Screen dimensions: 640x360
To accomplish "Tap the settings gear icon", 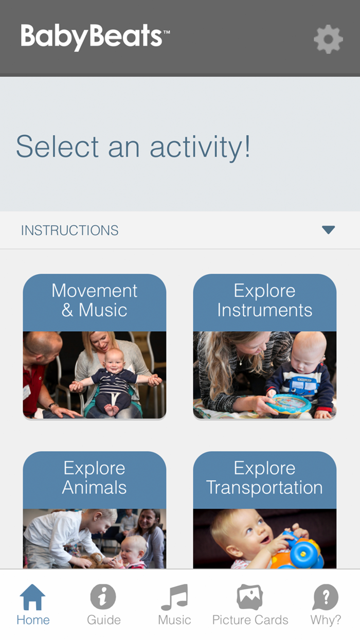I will [328, 39].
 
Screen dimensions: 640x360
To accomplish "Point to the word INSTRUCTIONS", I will [69, 230].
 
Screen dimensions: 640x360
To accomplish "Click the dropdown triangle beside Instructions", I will [328, 230].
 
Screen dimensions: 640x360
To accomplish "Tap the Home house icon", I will [33, 597].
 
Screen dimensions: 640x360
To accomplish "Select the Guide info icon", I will [103, 597].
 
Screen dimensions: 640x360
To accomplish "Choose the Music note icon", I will [174, 597].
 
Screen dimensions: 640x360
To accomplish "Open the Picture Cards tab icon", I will [250, 597].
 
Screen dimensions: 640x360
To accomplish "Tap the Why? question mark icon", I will [326, 597].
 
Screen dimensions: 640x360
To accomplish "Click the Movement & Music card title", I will [95, 300].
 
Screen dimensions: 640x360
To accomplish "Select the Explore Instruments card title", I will [265, 300].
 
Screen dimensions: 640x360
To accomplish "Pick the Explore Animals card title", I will [95, 478].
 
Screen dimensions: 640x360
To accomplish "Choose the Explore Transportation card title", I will [265, 478].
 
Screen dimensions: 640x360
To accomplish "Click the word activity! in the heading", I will [201, 147].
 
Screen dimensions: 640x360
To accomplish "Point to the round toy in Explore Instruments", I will [289, 403].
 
